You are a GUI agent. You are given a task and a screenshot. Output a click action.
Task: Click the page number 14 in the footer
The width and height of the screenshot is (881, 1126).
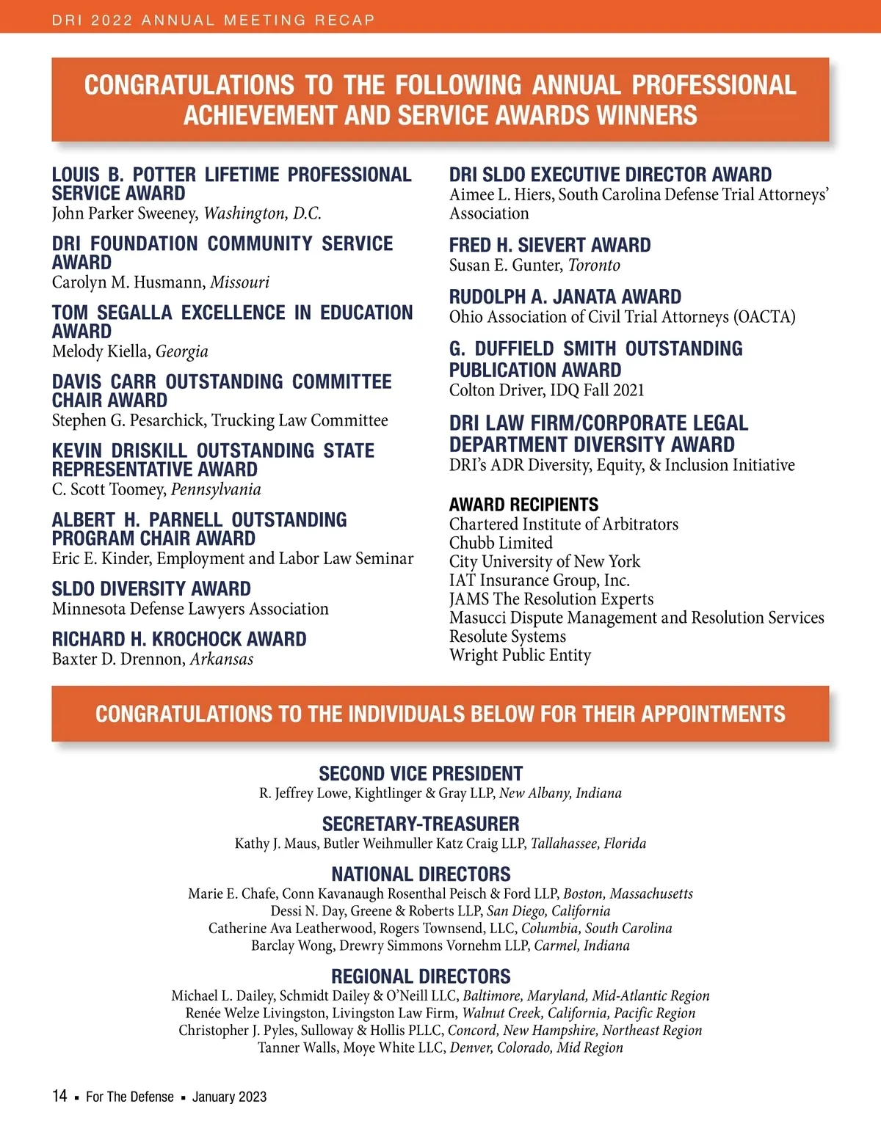tap(59, 1096)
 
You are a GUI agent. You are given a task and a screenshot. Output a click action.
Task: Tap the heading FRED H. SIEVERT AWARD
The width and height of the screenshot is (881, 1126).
tap(550, 245)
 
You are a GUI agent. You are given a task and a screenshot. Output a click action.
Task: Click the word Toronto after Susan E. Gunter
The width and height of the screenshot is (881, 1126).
tap(594, 266)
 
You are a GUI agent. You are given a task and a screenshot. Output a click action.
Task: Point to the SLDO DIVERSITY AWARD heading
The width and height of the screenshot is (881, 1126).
tap(151, 589)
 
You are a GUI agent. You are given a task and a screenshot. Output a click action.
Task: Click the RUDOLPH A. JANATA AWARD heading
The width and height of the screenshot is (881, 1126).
tap(565, 297)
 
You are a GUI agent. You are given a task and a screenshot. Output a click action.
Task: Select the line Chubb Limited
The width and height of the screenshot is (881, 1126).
tap(501, 543)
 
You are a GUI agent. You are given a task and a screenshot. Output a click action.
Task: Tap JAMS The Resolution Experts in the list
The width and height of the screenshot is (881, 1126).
tap(551, 599)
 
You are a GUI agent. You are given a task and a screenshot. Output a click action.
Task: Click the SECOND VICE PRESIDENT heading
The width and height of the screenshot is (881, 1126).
tap(421, 774)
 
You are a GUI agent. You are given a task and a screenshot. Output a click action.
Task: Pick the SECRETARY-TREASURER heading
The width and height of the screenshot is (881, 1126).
tap(421, 824)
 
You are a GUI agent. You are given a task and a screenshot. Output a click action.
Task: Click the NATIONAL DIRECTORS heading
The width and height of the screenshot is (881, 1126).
tap(421, 874)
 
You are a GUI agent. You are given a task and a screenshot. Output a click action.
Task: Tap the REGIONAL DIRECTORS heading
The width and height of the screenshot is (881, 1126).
tap(421, 976)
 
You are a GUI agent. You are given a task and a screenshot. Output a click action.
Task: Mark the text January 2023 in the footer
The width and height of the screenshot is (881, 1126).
tap(229, 1097)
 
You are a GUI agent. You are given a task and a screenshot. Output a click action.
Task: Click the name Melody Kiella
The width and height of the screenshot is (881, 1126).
tap(101, 352)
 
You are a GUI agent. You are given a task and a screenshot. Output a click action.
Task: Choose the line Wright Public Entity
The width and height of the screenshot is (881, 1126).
tap(520, 656)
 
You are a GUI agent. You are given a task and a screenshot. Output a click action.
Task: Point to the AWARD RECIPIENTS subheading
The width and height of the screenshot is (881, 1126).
tap(523, 505)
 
